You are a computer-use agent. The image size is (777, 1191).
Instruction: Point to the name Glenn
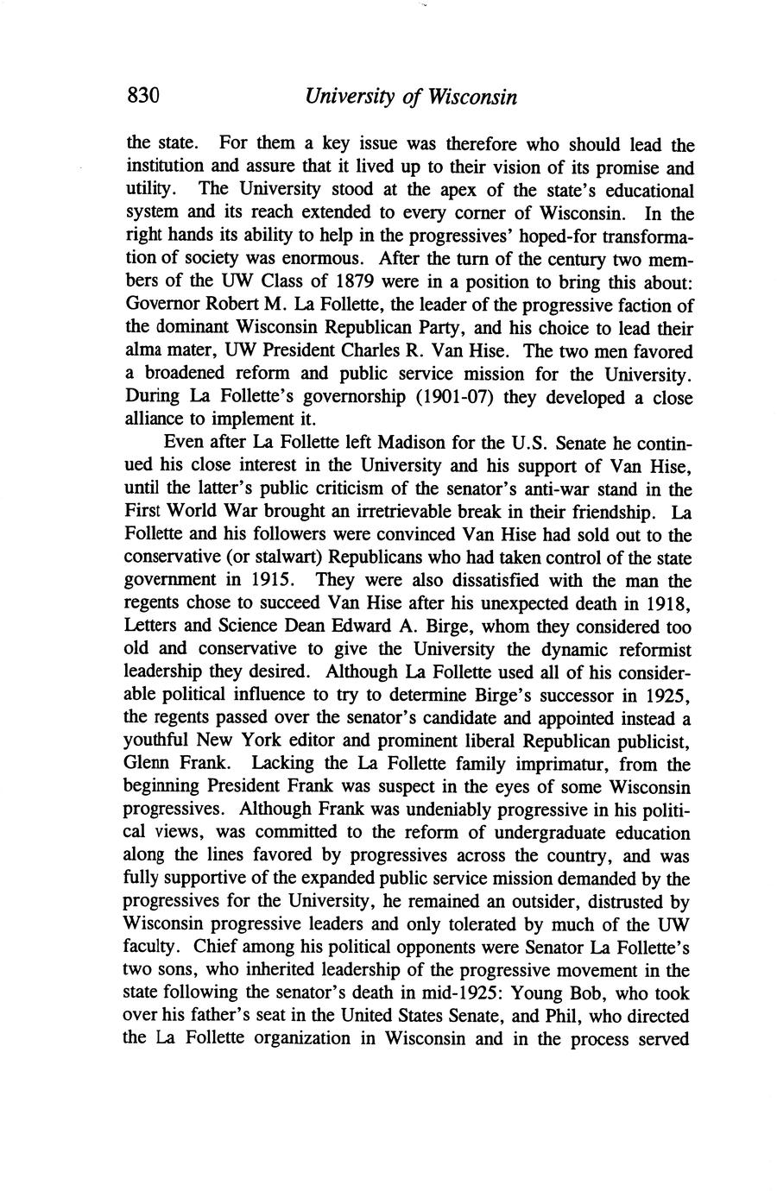tap(147, 764)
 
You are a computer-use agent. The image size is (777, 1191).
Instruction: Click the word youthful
tap(155, 740)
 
